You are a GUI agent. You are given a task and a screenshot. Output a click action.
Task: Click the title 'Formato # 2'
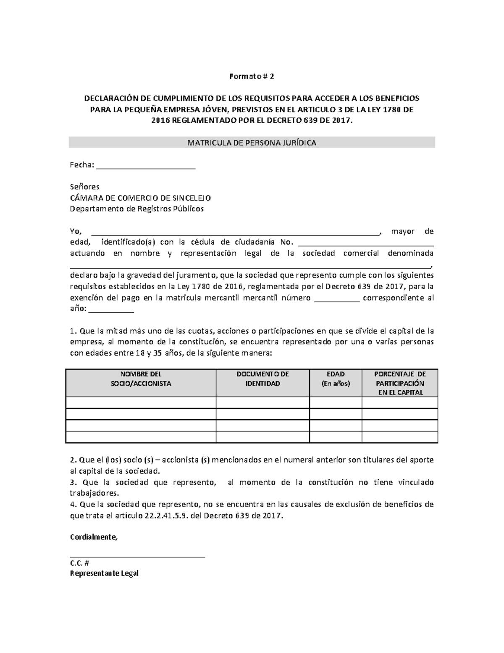pos(252,77)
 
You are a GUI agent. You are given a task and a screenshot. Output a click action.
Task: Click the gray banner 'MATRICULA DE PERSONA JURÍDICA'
pos(252,143)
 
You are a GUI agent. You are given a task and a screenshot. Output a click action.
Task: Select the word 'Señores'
pos(84,187)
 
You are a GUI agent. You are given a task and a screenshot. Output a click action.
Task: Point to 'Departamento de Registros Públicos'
pos(136,209)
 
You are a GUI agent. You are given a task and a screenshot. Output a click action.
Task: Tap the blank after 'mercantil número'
pos(336,300)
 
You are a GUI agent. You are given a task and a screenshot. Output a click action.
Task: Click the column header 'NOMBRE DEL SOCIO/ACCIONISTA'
pos(141,379)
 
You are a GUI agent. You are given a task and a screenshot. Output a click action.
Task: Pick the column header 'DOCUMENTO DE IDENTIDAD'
pos(262,379)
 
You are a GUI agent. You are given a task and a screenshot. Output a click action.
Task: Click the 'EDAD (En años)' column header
pos(336,379)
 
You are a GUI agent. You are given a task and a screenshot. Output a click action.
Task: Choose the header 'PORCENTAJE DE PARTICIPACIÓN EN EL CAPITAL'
pos(400,383)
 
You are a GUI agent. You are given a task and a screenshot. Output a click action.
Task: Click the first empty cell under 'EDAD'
pos(336,403)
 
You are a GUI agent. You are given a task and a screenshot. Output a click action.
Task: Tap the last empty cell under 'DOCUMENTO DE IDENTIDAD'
pos(262,437)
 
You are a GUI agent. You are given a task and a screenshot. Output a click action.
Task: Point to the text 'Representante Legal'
pos(104,573)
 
